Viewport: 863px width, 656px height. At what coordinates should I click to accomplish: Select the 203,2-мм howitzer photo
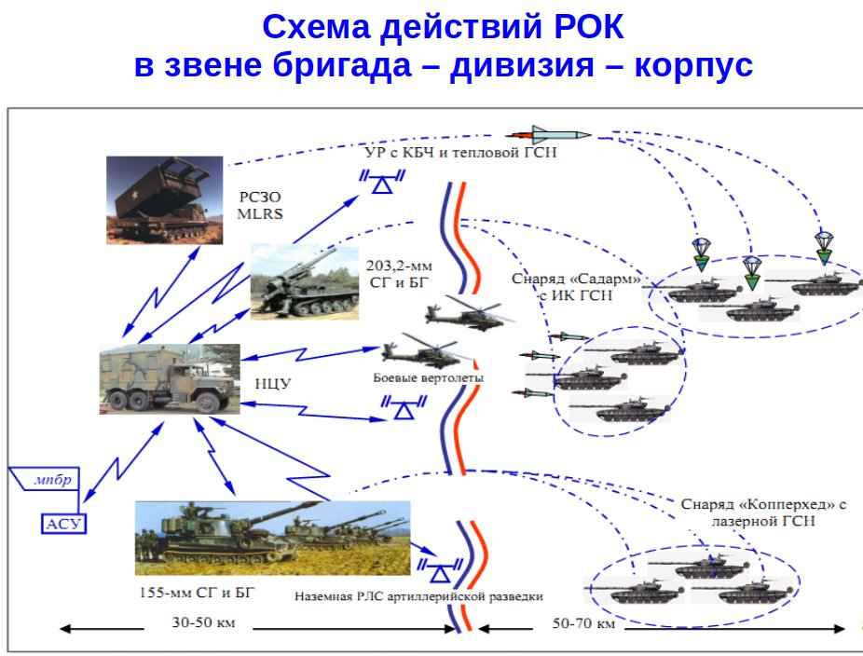point(304,280)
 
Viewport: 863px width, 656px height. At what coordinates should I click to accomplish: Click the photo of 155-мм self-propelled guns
point(272,537)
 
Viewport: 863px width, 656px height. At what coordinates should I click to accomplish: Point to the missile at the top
point(549,134)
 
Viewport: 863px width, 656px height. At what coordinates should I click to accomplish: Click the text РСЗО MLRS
point(257,205)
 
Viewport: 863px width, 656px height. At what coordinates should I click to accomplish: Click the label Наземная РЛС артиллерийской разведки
point(418,595)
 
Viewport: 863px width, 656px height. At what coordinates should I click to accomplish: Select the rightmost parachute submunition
point(823,242)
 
